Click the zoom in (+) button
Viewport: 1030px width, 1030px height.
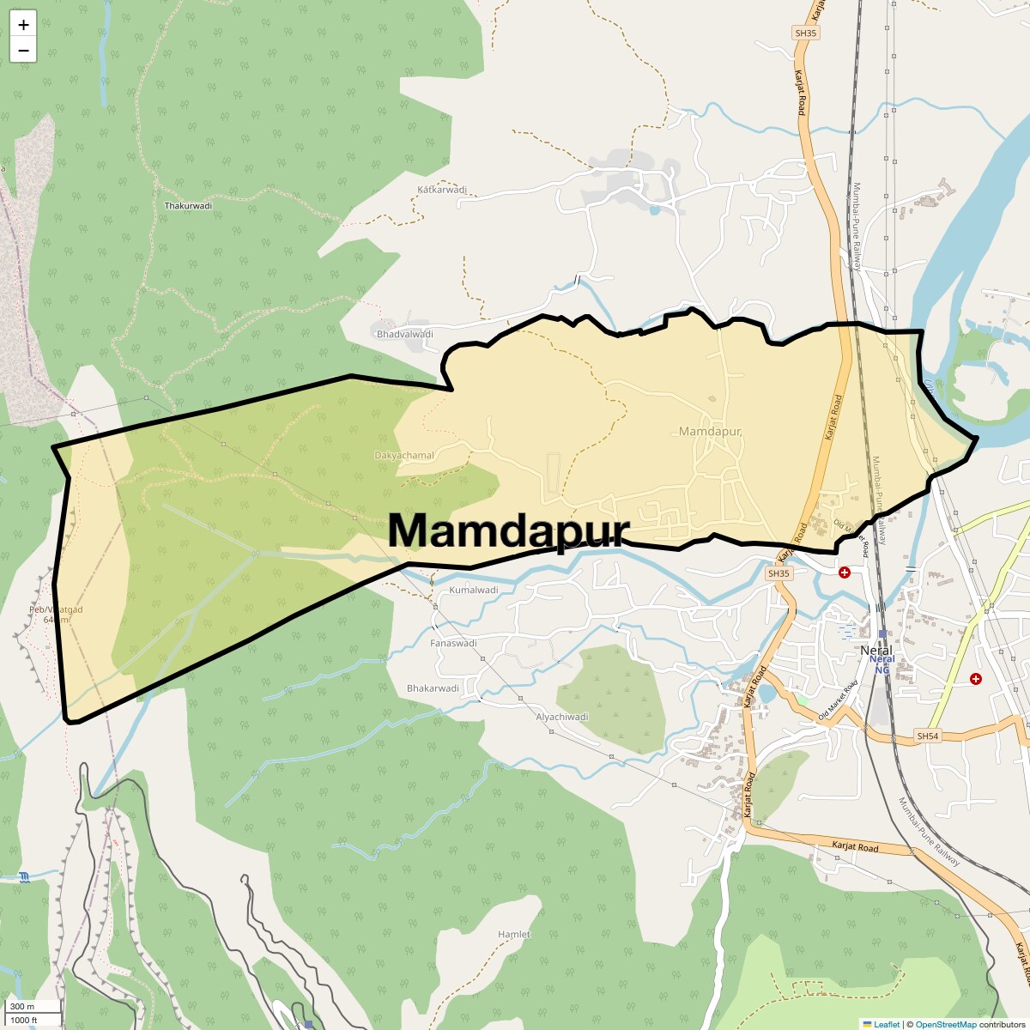[23, 25]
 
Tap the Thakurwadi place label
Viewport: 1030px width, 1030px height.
[188, 206]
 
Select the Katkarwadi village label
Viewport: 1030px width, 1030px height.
[442, 190]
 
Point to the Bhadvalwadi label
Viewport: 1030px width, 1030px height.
[405, 334]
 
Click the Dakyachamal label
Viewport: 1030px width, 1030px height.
[404, 456]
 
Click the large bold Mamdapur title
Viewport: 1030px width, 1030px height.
[509, 530]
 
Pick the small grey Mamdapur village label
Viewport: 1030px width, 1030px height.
[710, 431]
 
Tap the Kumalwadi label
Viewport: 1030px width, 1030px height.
[474, 591]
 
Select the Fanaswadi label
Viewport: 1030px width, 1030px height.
[453, 643]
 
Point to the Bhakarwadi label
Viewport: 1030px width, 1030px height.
[433, 688]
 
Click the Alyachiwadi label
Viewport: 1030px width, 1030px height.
[562, 717]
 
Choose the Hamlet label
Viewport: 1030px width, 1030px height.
[514, 934]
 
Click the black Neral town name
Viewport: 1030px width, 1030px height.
[876, 651]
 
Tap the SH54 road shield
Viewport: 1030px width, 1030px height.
[927, 736]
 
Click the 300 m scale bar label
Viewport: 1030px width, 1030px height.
[23, 1007]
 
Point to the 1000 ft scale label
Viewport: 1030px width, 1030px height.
[23, 1020]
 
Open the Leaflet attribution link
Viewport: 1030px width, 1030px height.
[887, 1024]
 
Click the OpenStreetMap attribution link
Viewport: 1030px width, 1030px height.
[945, 1024]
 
